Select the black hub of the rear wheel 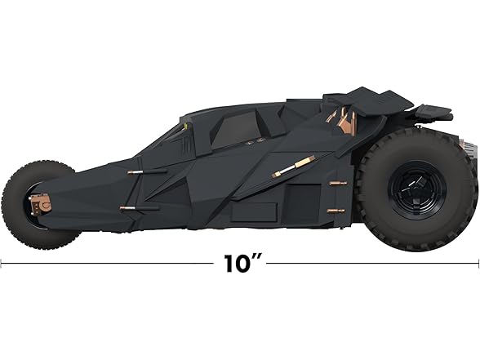pyautogui.click(x=417, y=193)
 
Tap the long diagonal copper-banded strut pyautogui.click(x=296, y=167)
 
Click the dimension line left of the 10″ pyautogui.click(x=106, y=264)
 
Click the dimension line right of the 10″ pyautogui.click(x=376, y=264)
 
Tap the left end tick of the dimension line pyautogui.click(x=2, y=264)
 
